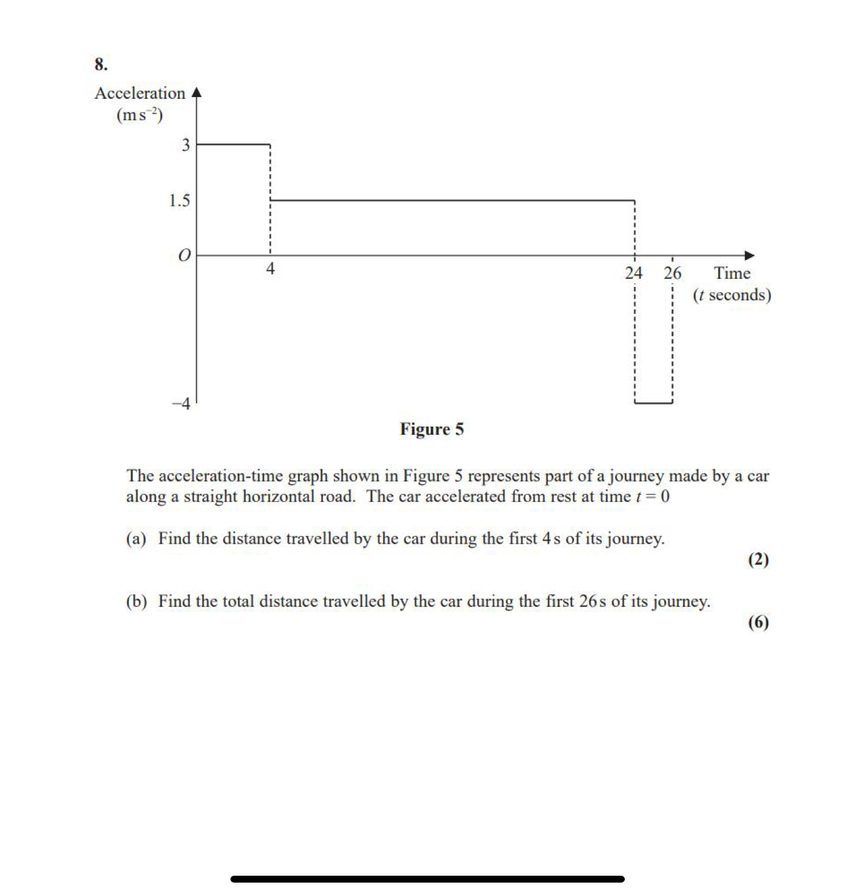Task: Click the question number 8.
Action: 101,65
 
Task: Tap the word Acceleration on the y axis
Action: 140,93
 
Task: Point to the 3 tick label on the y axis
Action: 185,145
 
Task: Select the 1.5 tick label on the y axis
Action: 179,200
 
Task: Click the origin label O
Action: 183,256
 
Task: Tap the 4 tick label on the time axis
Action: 270,269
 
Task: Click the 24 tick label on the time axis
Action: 634,273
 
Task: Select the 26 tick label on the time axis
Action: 672,273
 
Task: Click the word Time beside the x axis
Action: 732,273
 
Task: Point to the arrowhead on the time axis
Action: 749,256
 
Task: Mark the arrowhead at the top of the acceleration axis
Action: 197,93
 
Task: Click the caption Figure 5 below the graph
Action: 432,429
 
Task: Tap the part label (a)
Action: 136,539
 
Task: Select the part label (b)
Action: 136,601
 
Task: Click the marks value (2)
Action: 758,559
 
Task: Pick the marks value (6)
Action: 758,622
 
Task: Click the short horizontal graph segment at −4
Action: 654,403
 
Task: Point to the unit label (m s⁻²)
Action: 140,115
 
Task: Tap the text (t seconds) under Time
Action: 732,295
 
